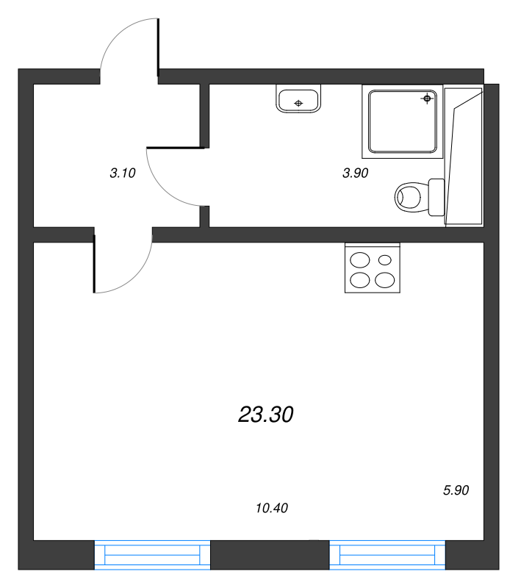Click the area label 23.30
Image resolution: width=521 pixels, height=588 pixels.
pyautogui.click(x=266, y=415)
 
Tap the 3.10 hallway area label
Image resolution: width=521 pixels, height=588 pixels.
pyautogui.click(x=122, y=174)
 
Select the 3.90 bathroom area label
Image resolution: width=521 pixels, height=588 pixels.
pyautogui.click(x=355, y=173)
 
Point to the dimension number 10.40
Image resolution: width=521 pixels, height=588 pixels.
pyautogui.click(x=271, y=507)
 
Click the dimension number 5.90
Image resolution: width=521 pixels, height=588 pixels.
pyautogui.click(x=456, y=490)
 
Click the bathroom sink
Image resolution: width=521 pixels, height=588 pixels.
pyautogui.click(x=298, y=99)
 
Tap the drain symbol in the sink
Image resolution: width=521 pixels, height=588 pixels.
pyautogui.click(x=298, y=103)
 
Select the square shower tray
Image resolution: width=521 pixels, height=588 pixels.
pyautogui.click(x=403, y=122)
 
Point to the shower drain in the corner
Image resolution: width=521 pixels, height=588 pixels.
pyautogui.click(x=427, y=98)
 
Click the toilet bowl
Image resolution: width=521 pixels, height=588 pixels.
pyautogui.click(x=410, y=196)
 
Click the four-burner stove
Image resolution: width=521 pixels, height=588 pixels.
pyautogui.click(x=373, y=268)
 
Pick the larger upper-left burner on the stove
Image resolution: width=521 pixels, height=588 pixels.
pyautogui.click(x=360, y=259)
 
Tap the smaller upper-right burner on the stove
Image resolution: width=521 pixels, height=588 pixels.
pyautogui.click(x=384, y=259)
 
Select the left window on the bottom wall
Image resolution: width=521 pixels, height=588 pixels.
pyautogui.click(x=152, y=555)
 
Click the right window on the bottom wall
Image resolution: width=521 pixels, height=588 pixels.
pyautogui.click(x=387, y=555)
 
